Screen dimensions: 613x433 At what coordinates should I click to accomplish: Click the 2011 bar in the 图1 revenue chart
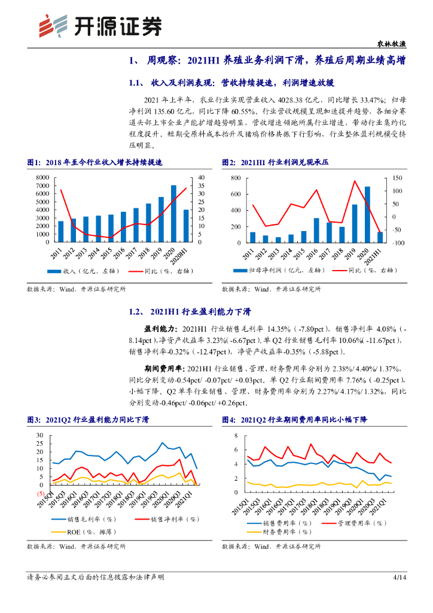tap(60, 232)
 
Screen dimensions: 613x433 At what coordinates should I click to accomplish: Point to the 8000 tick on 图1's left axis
tap(43, 178)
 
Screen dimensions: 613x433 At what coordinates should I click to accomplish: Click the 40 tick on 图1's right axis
tap(201, 178)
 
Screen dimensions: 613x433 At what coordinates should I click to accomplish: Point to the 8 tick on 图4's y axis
tap(236, 435)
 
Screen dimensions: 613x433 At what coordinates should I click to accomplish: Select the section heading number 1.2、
tap(138, 312)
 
